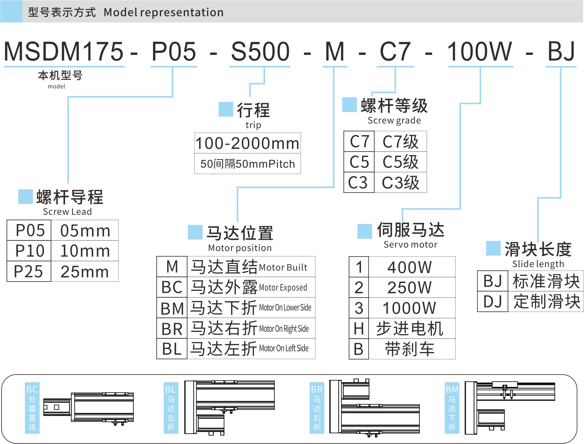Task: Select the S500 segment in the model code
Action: click(260, 51)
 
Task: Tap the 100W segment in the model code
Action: click(479, 51)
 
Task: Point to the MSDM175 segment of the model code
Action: click(64, 51)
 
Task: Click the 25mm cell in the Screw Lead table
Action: click(85, 272)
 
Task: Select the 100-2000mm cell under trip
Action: click(247, 143)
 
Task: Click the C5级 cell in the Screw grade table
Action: click(400, 162)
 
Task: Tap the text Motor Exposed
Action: click(283, 288)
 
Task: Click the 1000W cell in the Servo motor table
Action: click(409, 308)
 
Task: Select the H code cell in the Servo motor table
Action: click(359, 329)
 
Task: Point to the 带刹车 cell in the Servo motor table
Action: click(410, 349)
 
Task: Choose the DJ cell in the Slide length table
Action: click(493, 301)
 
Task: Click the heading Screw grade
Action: click(394, 121)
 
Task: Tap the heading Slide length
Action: click(538, 264)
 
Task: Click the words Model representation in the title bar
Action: click(164, 12)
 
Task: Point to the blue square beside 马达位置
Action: click(195, 232)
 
